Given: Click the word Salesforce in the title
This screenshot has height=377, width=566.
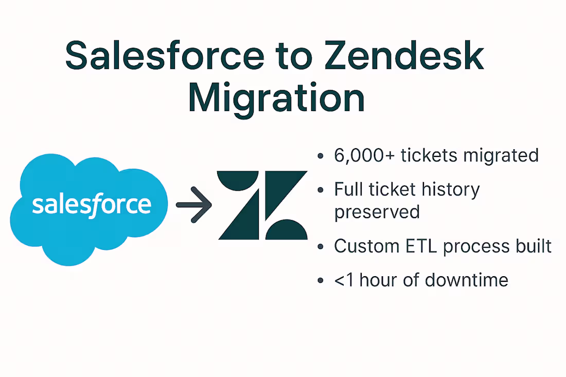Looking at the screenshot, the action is pos(165,56).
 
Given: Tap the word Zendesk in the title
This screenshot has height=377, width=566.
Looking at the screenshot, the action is pos(404,56).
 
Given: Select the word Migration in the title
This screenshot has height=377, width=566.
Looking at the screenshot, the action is pos(276,98).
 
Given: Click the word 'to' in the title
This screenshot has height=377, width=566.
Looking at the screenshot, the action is pos(294,57).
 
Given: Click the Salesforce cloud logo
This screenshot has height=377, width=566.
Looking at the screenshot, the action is pos(89,209).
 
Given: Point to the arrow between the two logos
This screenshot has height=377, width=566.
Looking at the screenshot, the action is pos(194,205).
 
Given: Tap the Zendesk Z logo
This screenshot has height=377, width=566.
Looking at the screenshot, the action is pos(262,205).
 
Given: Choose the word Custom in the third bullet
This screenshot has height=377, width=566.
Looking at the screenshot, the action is pos(367,246).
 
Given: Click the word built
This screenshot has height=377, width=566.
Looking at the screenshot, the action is pos(534,246).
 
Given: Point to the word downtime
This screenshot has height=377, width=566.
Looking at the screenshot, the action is pos(466,280).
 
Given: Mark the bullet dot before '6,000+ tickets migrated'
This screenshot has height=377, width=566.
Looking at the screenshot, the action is pos(320,156).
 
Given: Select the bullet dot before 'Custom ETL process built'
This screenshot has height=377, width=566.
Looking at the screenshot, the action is pos(320,247).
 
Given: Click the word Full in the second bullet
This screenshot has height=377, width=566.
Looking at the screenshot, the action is pos(346,189).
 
